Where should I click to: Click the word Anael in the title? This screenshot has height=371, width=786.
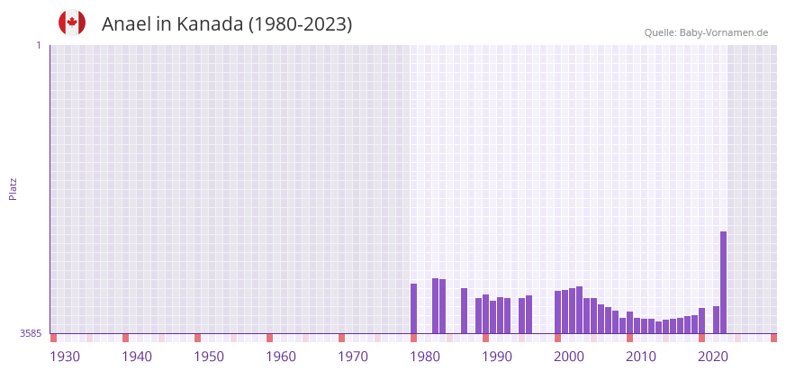tap(126, 24)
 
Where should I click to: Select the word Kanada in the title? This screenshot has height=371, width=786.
tap(210, 24)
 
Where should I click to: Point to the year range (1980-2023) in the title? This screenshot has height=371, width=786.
tap(300, 24)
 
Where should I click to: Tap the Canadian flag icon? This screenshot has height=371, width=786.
tap(72, 23)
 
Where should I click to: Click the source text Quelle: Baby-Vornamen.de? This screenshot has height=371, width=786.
tap(706, 32)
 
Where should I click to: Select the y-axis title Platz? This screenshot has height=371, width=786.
tap(14, 188)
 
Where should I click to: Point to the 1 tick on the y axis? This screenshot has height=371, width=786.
tap(38, 45)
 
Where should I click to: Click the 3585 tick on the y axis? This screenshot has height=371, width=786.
tap(31, 333)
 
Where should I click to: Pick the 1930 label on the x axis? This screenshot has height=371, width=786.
tap(65, 357)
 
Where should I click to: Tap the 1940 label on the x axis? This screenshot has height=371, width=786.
tap(137, 357)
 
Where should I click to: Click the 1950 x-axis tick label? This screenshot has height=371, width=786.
tap(209, 357)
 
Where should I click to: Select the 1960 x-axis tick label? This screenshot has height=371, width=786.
tap(281, 357)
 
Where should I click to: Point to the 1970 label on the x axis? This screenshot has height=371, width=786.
tap(353, 357)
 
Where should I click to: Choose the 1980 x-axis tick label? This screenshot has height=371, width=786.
tap(425, 357)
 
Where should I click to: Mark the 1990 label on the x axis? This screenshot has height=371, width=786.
tap(497, 357)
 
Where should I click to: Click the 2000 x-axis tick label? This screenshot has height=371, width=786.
tap(569, 357)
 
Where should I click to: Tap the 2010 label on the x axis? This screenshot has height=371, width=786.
tap(641, 357)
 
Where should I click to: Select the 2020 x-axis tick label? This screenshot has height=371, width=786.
tap(713, 357)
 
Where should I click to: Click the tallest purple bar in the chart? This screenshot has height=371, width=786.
tap(723, 282)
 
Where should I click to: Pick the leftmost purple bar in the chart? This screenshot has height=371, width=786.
tap(413, 308)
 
